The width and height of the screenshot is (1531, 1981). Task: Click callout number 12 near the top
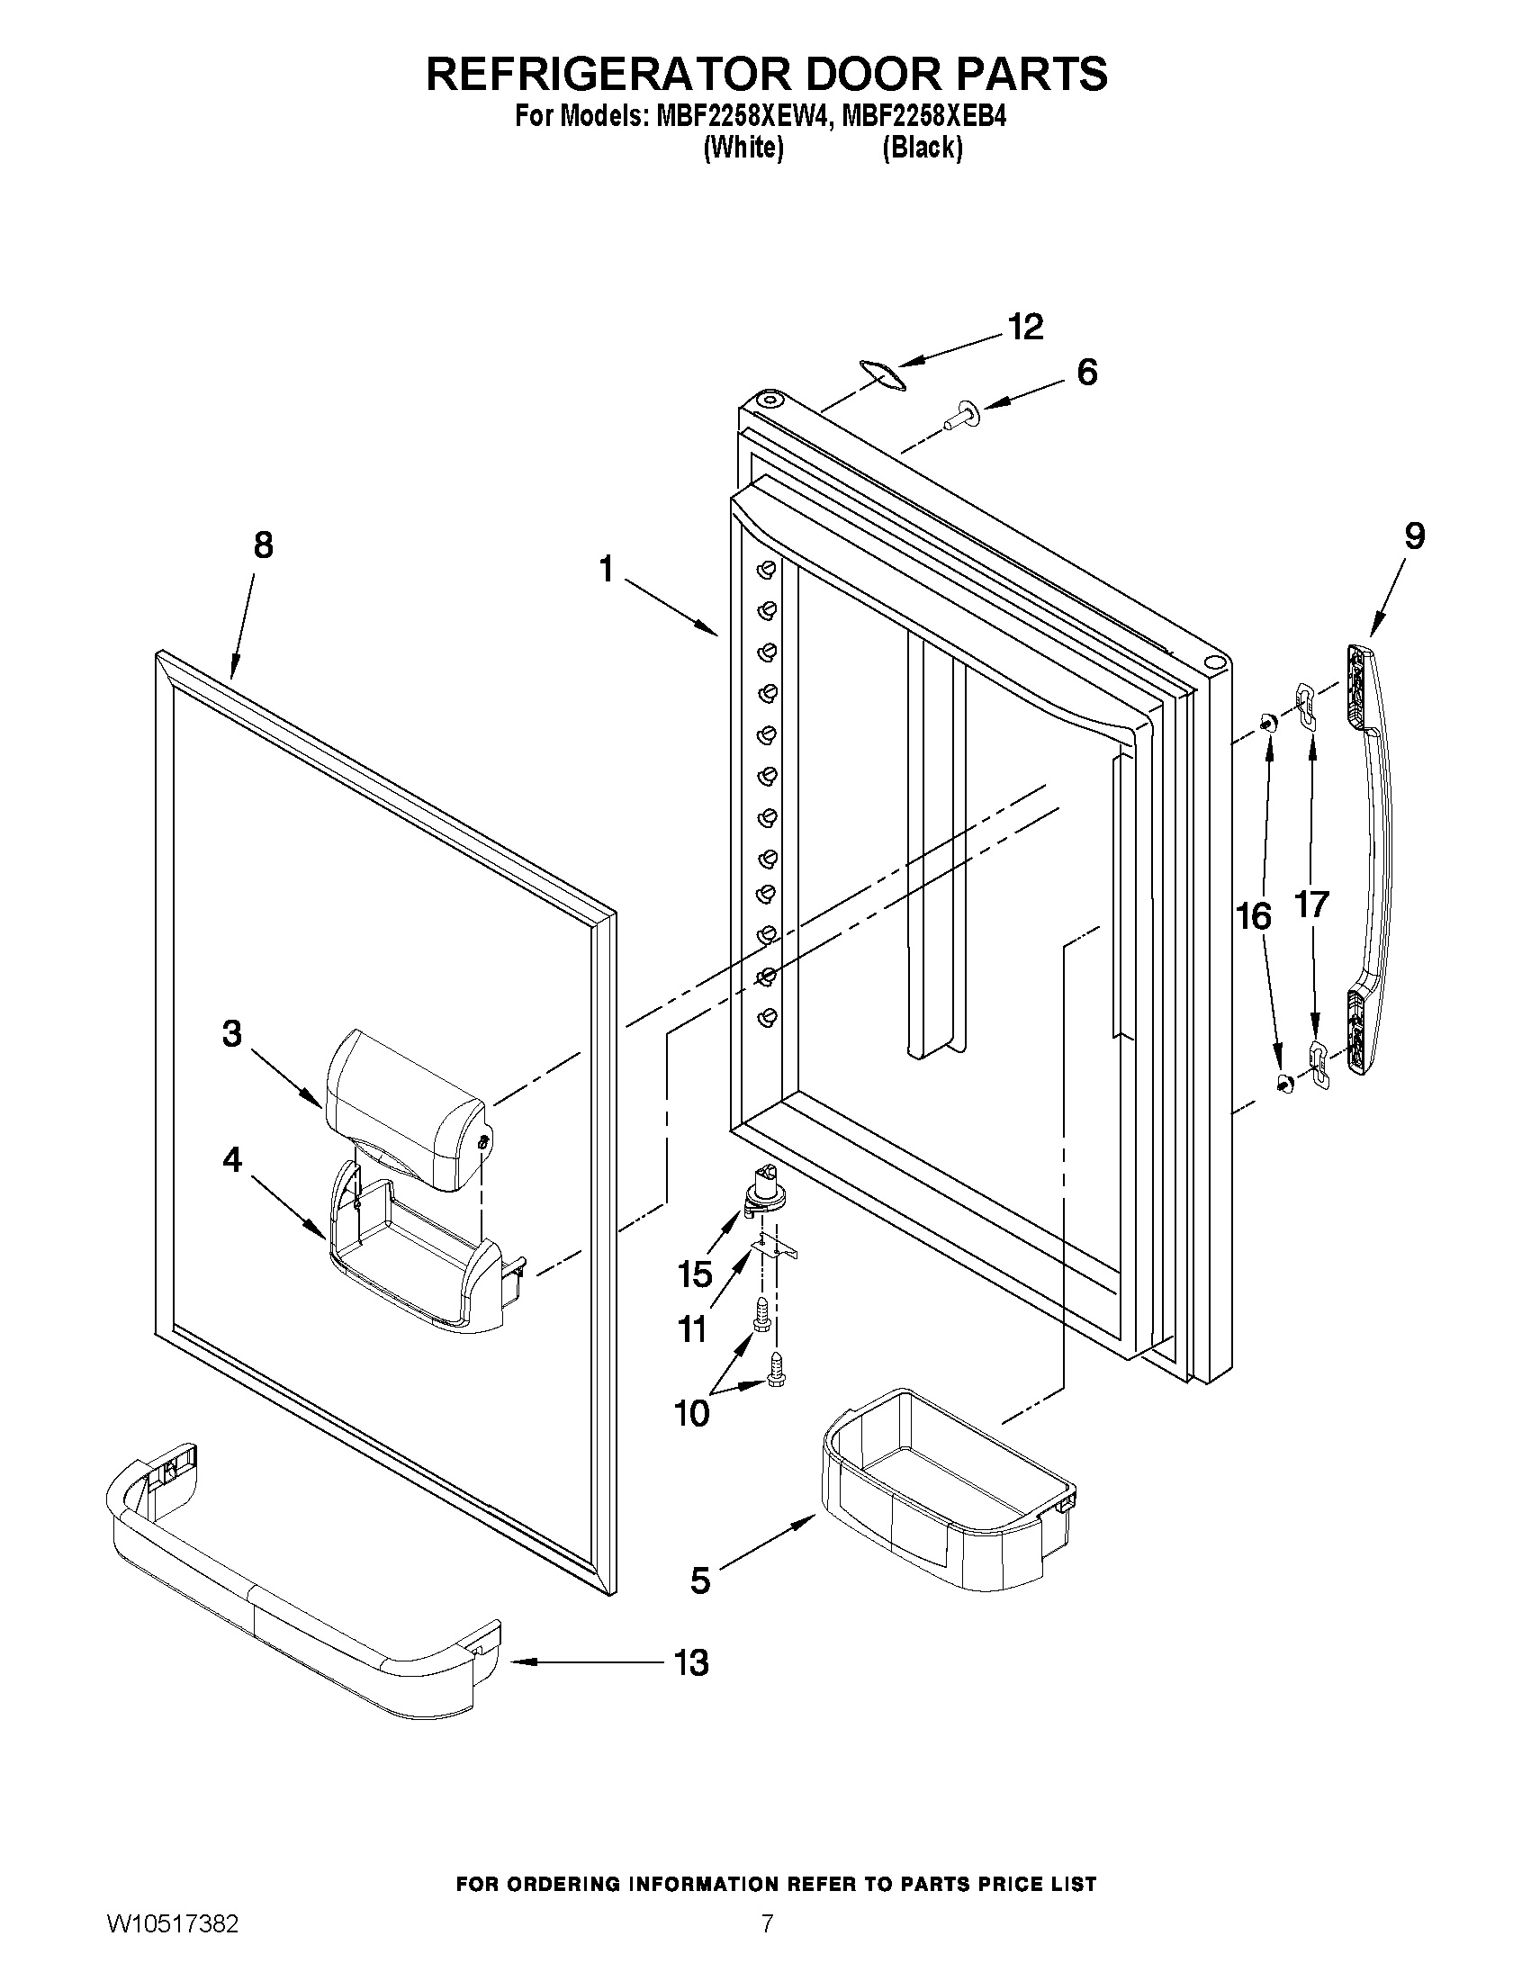[1027, 328]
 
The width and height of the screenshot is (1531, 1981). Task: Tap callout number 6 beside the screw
[1086, 372]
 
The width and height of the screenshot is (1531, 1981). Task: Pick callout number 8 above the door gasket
[262, 545]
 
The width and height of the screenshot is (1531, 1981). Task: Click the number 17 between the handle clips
[1311, 904]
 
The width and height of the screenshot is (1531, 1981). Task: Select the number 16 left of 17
[1255, 917]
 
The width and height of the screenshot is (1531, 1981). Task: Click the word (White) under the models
[743, 148]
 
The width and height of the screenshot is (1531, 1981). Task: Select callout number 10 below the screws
[692, 1413]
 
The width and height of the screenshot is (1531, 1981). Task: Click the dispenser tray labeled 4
[413, 1270]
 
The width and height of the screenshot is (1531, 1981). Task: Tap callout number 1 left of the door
[606, 570]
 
